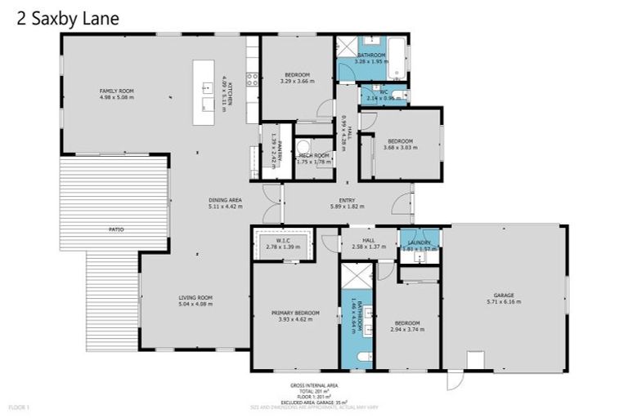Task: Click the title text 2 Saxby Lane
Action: click(x=68, y=17)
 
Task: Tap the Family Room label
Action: click(x=116, y=91)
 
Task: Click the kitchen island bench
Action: click(x=204, y=92)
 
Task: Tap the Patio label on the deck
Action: click(x=116, y=230)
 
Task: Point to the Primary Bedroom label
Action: click(x=296, y=313)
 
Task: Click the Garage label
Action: click(x=503, y=296)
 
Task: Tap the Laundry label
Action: click(x=419, y=241)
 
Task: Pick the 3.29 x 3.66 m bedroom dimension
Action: click(x=296, y=81)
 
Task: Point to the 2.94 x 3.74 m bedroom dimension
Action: click(x=410, y=329)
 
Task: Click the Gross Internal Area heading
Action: click(x=314, y=385)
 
